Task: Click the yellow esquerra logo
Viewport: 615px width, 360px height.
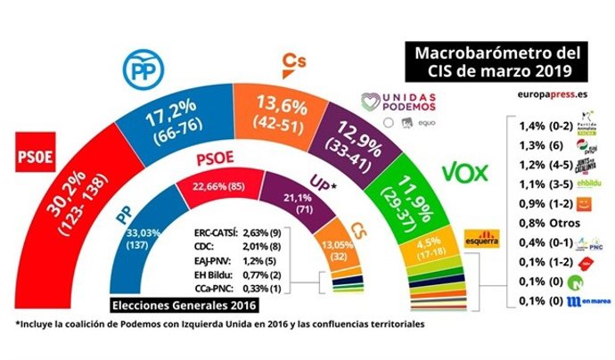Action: point(481,240)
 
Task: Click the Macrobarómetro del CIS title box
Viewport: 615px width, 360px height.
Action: point(488,59)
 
